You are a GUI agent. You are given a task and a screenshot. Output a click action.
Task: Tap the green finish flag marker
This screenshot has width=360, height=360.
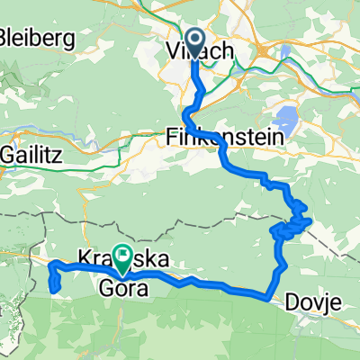(x=121, y=257)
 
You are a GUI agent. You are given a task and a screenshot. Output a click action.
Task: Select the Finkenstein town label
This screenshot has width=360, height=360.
(x=225, y=137)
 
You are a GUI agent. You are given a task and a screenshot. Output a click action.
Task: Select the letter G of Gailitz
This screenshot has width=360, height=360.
(x=7, y=154)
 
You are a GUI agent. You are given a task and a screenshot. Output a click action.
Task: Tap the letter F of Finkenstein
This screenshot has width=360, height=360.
(x=173, y=137)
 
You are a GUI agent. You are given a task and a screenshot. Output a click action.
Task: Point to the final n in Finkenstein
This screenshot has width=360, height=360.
(x=279, y=137)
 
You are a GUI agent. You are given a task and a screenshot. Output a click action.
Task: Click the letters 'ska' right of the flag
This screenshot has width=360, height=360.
(x=151, y=259)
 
